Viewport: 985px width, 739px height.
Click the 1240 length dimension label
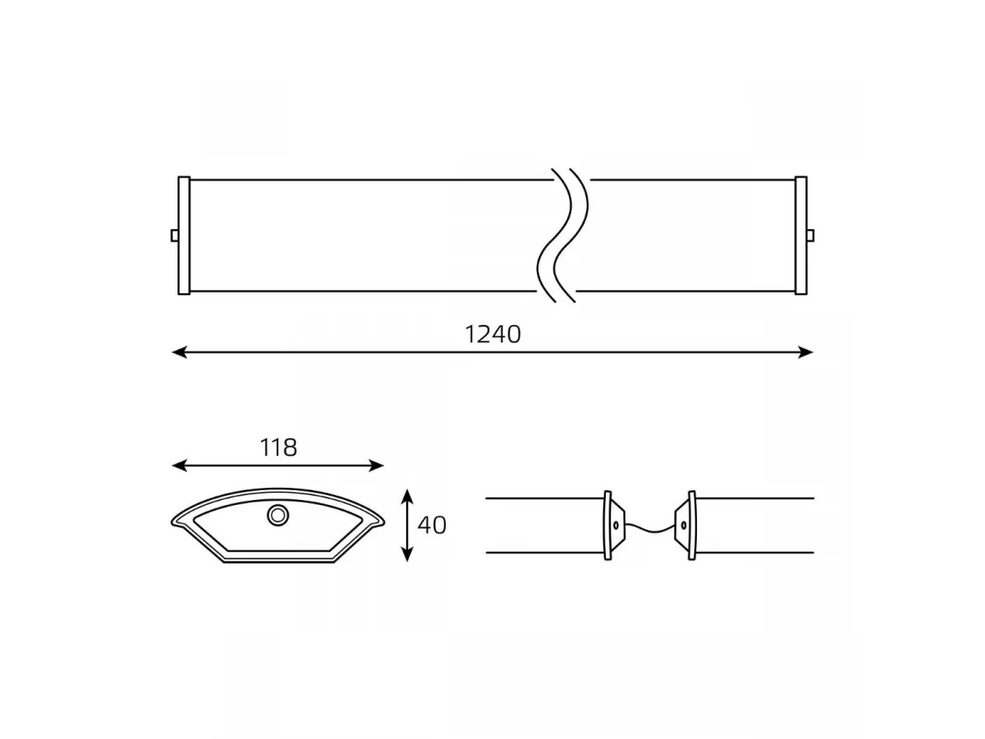tap(492, 335)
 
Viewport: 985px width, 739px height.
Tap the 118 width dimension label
tap(278, 448)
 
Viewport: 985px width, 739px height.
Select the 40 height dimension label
tap(432, 526)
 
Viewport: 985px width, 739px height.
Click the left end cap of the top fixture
tap(184, 236)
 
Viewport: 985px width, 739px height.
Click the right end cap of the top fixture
tap(801, 236)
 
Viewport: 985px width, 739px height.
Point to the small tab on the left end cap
tap(175, 236)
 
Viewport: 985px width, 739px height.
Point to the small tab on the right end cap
tap(810, 236)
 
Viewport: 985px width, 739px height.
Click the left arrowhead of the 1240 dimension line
tap(180, 353)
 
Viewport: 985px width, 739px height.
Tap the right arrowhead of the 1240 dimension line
tap(805, 353)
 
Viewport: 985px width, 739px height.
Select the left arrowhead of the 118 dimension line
tap(180, 466)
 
